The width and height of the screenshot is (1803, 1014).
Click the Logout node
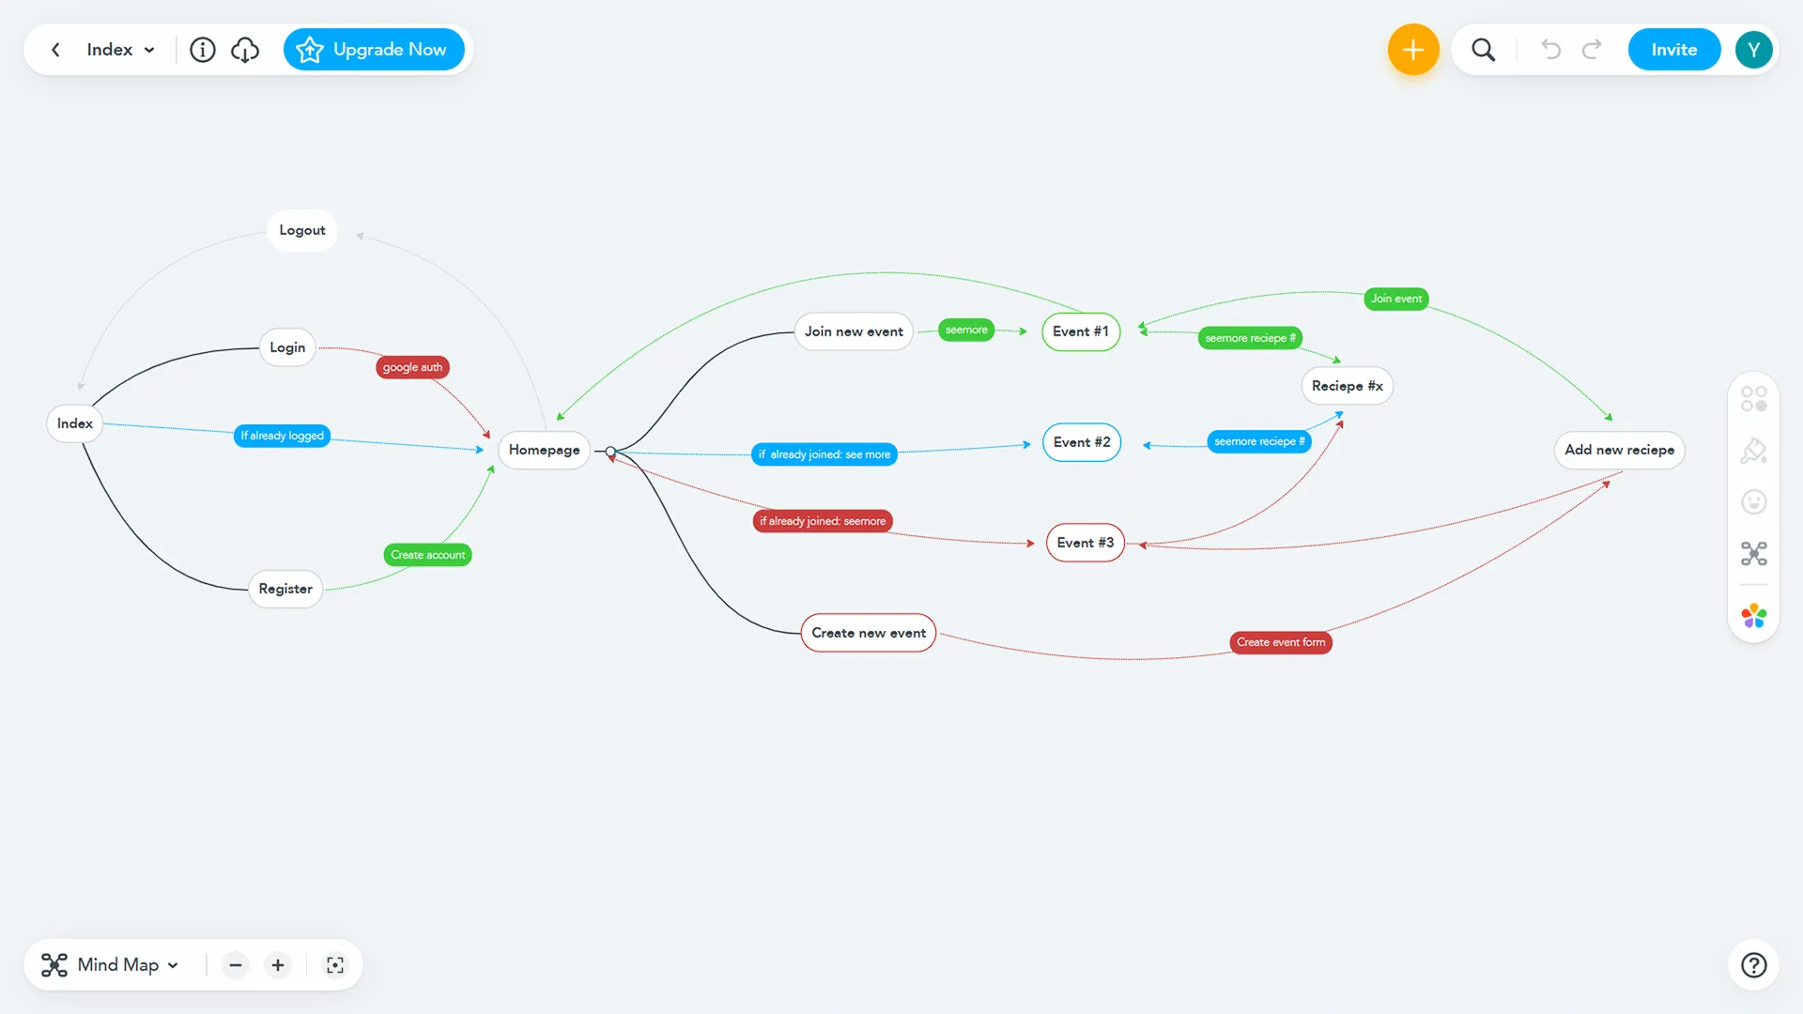301,230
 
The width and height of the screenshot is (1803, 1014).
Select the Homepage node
544,450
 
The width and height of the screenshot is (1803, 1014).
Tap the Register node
285,589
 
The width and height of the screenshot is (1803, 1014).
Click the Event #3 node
1085,543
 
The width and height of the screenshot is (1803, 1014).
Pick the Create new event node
869,633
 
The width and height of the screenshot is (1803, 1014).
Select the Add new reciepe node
1619,450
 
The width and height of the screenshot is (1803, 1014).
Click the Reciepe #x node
1347,386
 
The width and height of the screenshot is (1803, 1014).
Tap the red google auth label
412,367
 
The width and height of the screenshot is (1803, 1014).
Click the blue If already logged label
282,436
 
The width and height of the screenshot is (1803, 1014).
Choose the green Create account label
427,555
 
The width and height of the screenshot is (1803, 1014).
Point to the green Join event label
1395,299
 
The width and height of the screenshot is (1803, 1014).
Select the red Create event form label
1280,642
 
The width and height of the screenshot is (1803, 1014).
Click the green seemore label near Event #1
966,330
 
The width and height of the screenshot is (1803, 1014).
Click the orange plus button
1412,50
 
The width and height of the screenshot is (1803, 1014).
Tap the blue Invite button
1673,50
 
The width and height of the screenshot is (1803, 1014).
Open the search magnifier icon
1483,50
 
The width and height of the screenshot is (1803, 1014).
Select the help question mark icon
1753,965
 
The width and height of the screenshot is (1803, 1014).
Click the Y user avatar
1753,50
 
